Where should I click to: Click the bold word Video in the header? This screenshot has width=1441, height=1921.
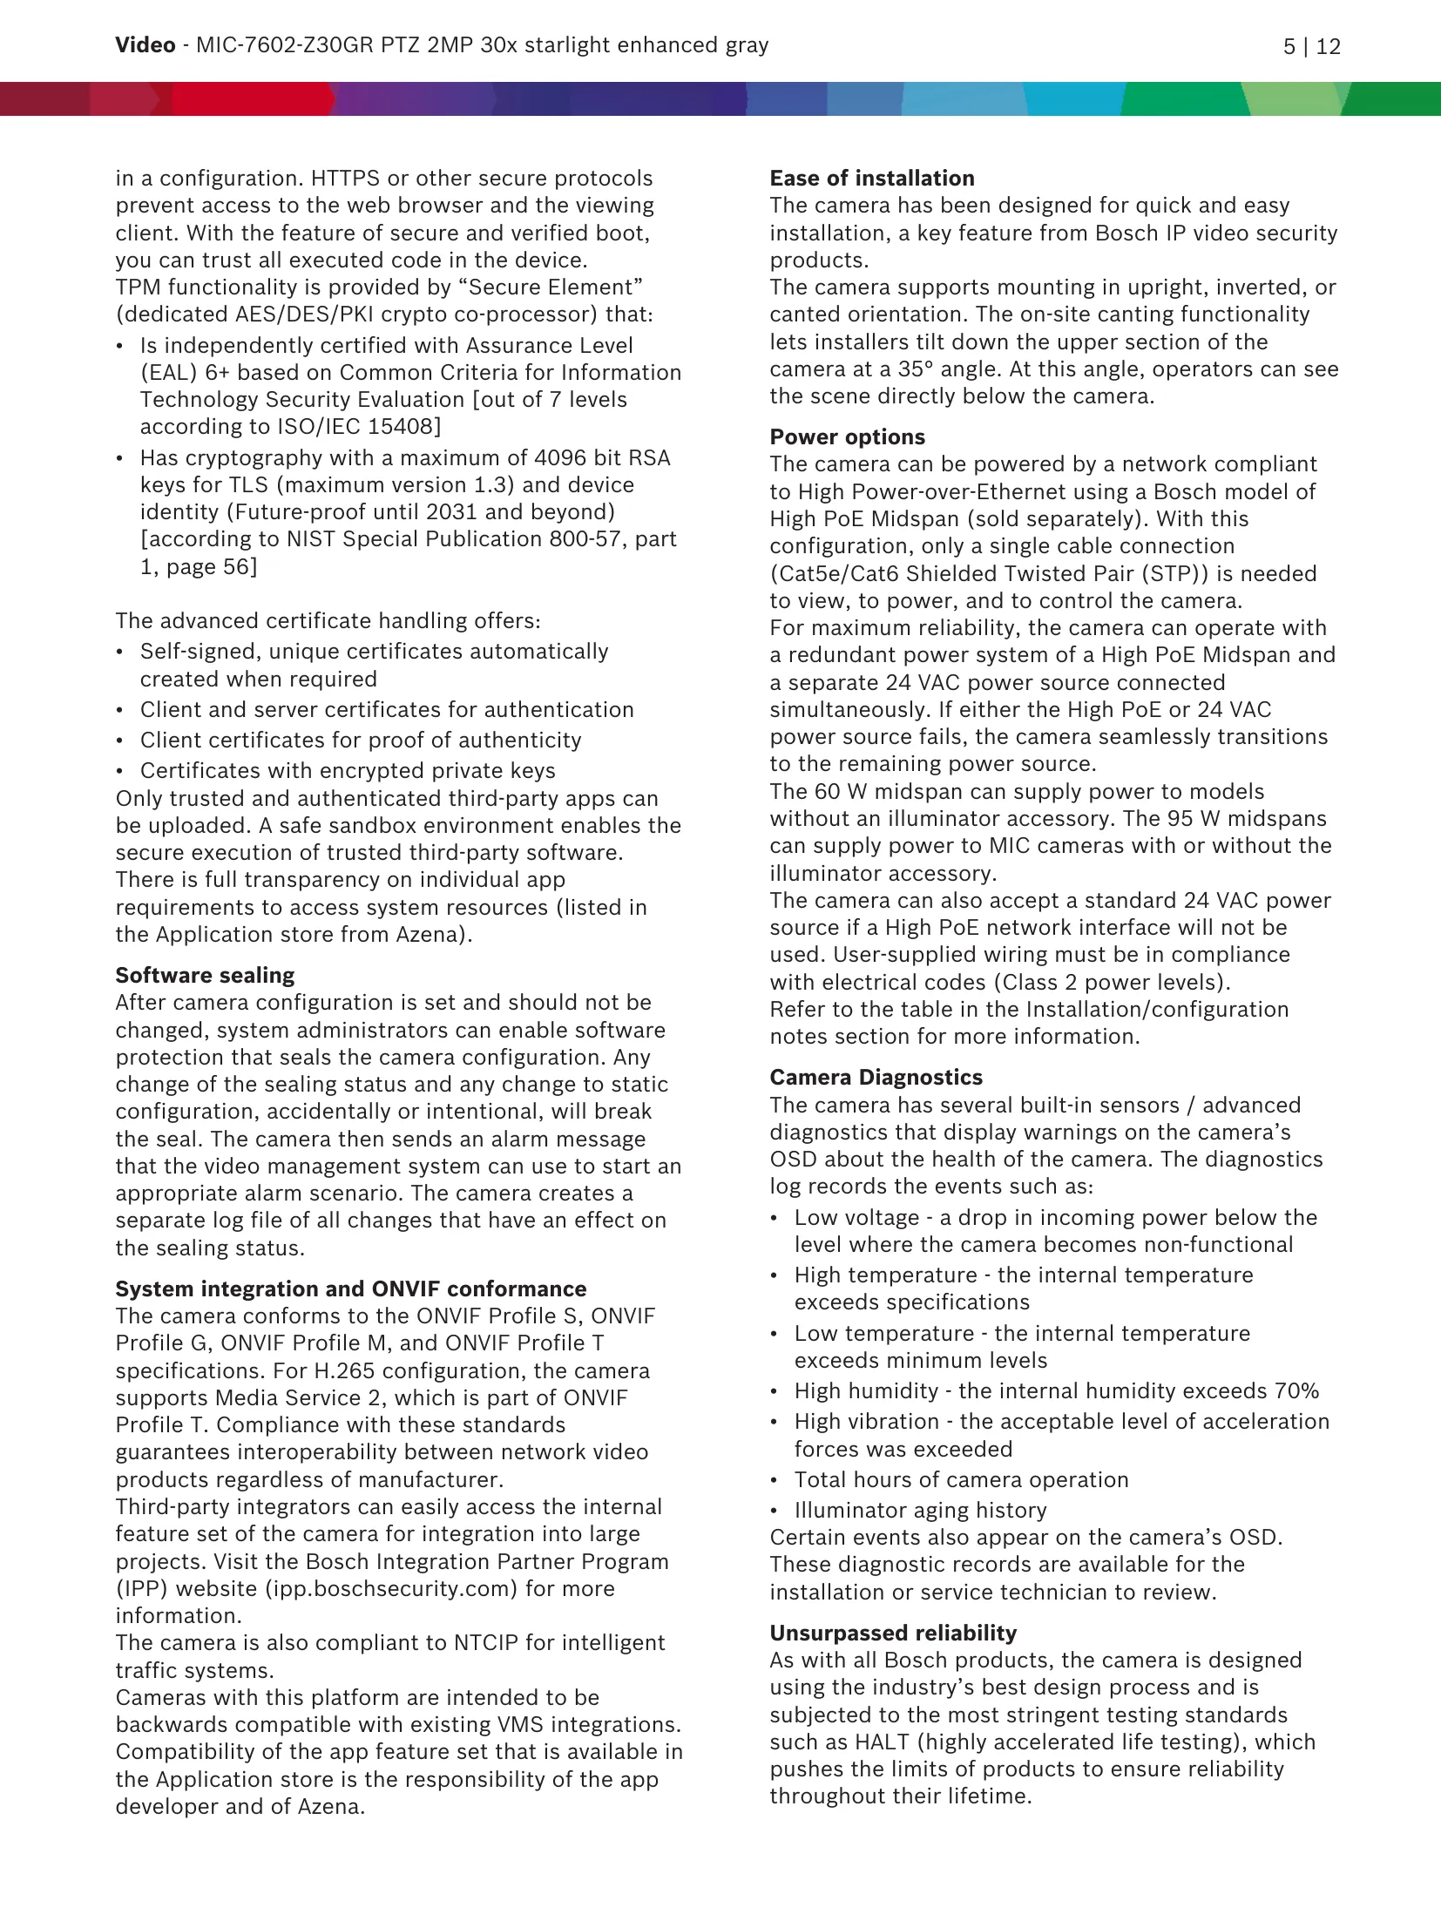145,45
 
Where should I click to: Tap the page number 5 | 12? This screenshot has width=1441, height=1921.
1311,46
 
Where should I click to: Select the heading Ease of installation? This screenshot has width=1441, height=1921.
871,178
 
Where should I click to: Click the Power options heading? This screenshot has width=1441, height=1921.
847,436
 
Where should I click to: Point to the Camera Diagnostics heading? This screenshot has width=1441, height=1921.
876,1077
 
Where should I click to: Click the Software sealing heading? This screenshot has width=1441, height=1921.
205,975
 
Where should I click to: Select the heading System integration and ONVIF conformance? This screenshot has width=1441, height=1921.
350,1289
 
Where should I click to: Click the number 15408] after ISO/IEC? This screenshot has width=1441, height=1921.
400,426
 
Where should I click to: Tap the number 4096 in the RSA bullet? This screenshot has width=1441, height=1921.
561,457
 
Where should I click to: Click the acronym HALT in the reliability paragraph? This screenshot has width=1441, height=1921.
883,1742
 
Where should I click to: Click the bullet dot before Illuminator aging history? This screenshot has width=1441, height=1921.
775,1511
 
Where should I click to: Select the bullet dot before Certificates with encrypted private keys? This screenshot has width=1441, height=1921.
120,771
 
